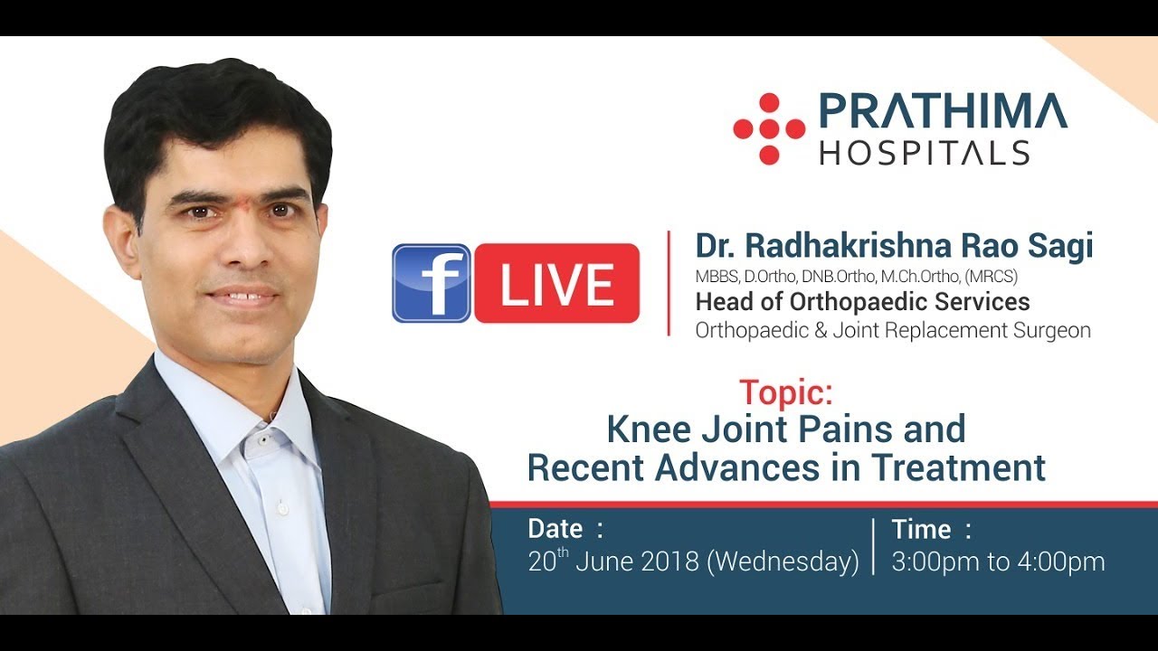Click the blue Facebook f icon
431,283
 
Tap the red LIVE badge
556,283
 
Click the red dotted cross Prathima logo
769,129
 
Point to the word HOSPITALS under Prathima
925,153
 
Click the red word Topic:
784,392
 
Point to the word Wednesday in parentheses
783,561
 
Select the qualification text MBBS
716,276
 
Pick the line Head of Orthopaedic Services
862,301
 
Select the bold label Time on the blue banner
921,529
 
